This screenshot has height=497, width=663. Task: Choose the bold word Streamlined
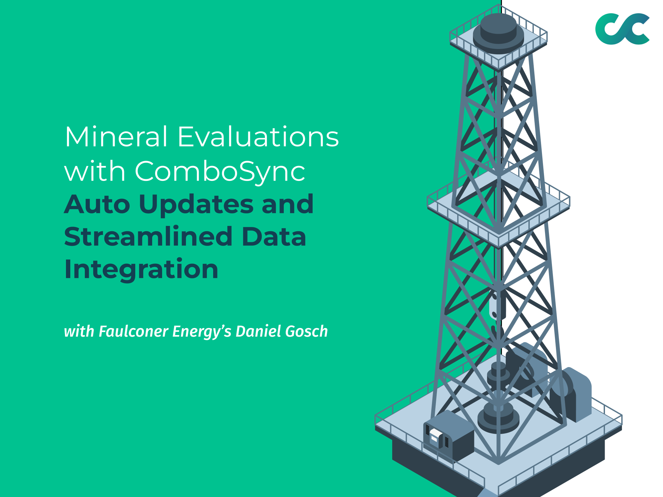click(148, 236)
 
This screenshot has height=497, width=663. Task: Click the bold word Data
click(274, 237)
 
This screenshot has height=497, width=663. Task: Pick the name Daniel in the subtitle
click(259, 331)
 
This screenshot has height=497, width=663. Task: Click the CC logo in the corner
click(622, 29)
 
